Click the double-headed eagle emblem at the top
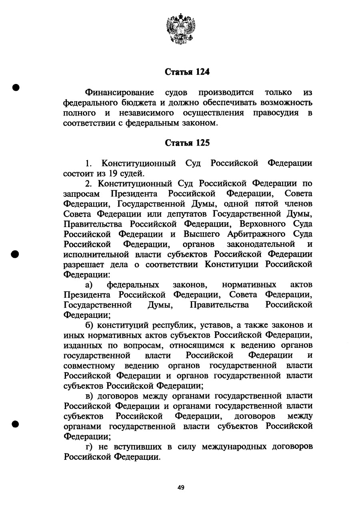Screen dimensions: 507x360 (x=180, y=28)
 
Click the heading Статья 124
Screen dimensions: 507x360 (x=187, y=73)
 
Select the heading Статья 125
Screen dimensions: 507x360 (x=187, y=143)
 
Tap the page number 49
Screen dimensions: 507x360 (x=181, y=487)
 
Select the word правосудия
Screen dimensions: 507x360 (x=276, y=113)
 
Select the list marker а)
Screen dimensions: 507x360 (x=89, y=285)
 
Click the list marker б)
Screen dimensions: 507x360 (x=89, y=325)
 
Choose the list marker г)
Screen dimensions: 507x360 (x=88, y=446)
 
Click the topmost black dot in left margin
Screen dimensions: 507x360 (x=16, y=87)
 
